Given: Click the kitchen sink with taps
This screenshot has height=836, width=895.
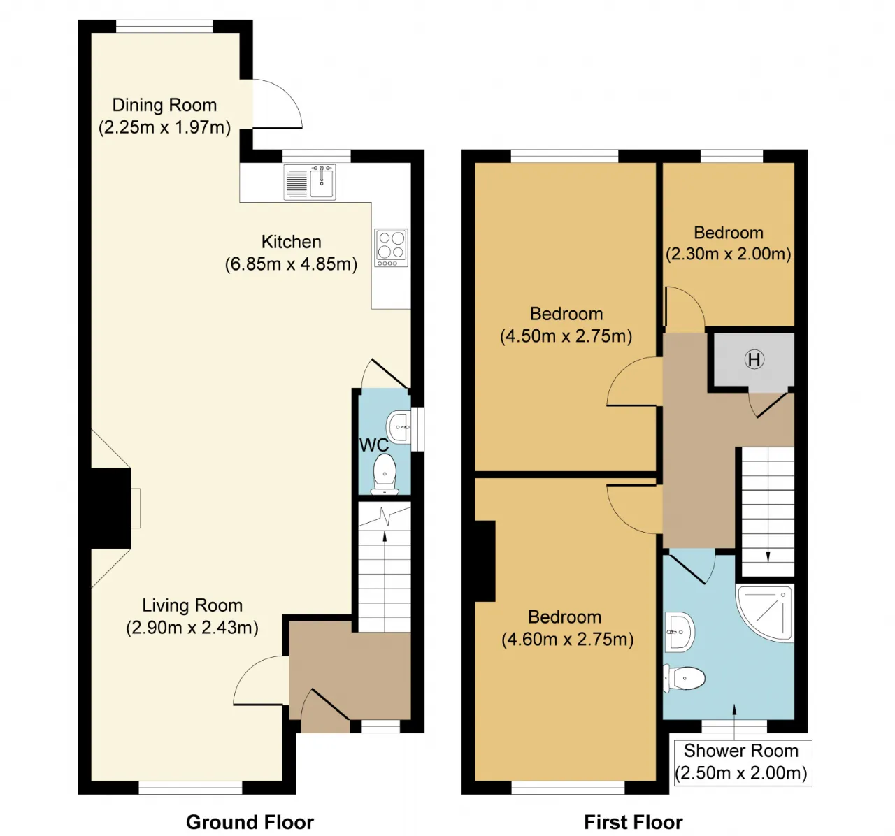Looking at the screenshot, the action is [x=310, y=182].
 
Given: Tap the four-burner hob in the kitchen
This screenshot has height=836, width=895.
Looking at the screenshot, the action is [x=391, y=247].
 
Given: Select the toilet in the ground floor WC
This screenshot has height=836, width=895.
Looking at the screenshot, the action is [x=385, y=474].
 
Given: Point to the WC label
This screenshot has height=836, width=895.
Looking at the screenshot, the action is [x=373, y=445].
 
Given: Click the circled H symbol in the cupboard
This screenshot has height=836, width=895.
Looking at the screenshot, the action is [x=754, y=360].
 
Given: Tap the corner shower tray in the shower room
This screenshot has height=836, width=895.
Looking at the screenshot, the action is [x=765, y=613].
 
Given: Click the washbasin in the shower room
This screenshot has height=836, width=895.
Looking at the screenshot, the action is [x=680, y=632].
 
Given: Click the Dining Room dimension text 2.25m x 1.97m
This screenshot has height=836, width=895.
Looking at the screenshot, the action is [x=164, y=127].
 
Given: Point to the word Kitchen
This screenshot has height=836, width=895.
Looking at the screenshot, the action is [x=291, y=242].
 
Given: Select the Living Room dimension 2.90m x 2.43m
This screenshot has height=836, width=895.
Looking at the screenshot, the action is [x=192, y=627].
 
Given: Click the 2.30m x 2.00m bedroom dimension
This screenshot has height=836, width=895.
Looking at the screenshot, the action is [x=729, y=254].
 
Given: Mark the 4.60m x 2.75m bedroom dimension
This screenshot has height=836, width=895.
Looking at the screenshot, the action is [x=567, y=639].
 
